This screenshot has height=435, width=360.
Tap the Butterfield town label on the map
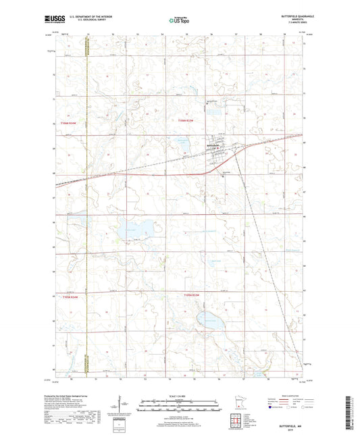[213, 145]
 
